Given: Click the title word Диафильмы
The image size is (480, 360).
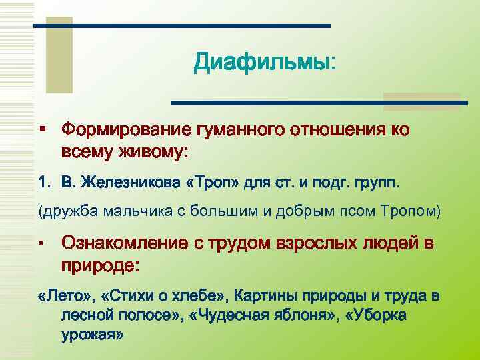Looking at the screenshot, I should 261,64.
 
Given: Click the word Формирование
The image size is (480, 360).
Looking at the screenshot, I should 125,129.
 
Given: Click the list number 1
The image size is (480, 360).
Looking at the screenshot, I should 44,182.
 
